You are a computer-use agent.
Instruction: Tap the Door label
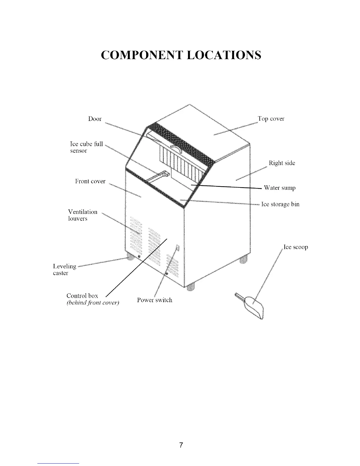[x=95, y=119]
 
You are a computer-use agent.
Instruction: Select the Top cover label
[x=271, y=119]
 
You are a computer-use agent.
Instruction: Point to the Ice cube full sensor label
[x=86, y=147]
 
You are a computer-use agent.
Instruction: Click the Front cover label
[x=90, y=181]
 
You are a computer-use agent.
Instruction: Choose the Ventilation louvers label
[x=82, y=215]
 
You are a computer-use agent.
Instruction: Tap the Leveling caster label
[x=64, y=269]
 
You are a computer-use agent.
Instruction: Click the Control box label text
[x=82, y=295]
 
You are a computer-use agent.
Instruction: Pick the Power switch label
[x=154, y=300]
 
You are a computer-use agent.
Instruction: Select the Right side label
[x=282, y=163]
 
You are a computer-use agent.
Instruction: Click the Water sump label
[x=279, y=188]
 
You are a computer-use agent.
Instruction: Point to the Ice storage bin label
[x=280, y=204]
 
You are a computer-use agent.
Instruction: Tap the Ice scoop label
[x=296, y=247]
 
